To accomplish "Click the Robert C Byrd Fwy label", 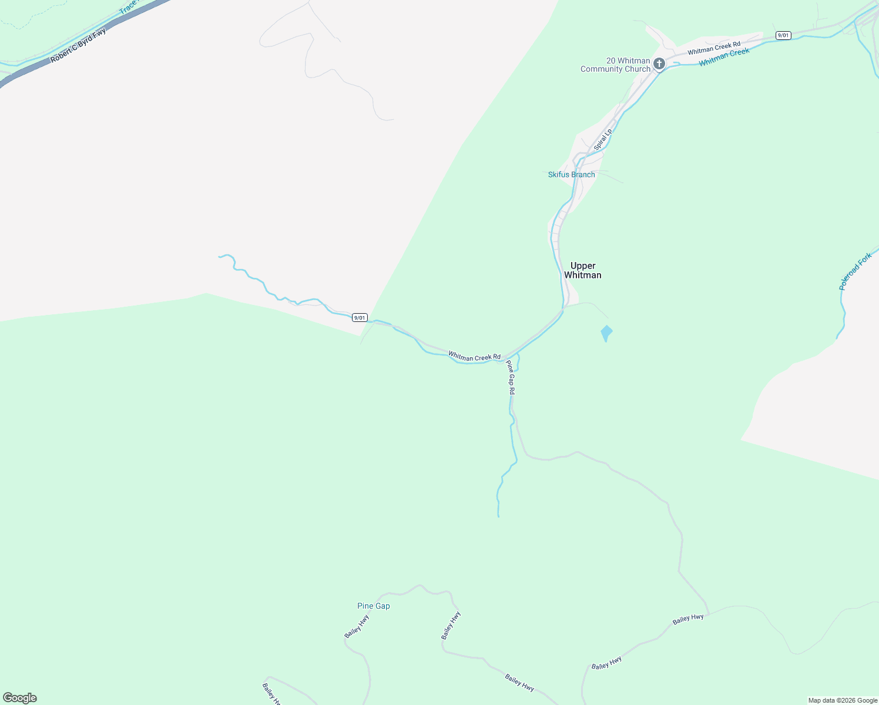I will (x=78, y=45).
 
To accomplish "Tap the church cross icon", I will (x=659, y=63).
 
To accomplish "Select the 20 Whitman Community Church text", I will (x=616, y=65).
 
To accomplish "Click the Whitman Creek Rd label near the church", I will (x=714, y=48).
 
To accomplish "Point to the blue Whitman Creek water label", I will (x=724, y=57).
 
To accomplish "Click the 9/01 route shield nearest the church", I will (x=783, y=35).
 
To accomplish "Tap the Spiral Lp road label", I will (x=602, y=139).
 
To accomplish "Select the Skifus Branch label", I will (x=571, y=174).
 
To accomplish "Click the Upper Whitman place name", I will (x=582, y=270).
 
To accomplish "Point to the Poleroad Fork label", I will (x=855, y=271).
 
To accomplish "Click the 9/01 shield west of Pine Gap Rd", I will (x=360, y=318).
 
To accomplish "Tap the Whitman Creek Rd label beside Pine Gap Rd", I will (x=474, y=356).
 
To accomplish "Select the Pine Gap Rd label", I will (x=511, y=377).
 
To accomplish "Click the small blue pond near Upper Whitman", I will (x=606, y=333).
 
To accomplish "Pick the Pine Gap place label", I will (x=373, y=606).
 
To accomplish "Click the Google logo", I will (x=20, y=698).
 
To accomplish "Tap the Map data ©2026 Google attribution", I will (x=843, y=700).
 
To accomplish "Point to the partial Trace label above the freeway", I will (x=128, y=8).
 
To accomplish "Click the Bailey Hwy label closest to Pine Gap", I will (x=357, y=626).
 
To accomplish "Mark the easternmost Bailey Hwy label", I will (x=688, y=619).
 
